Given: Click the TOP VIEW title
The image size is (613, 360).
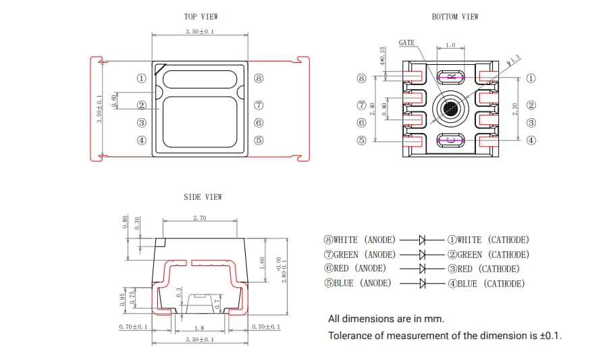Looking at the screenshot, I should (201, 17).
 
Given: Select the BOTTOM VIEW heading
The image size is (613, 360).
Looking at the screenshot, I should (455, 17).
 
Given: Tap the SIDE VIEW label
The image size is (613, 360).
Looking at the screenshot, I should (203, 197).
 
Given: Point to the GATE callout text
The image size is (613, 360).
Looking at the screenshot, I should (406, 43).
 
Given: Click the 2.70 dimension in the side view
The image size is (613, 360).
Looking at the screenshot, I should (200, 218).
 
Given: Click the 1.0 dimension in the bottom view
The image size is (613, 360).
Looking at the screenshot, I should (450, 46).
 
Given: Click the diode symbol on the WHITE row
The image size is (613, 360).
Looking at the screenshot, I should (423, 240).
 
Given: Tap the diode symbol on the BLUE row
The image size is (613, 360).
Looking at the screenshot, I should (423, 284).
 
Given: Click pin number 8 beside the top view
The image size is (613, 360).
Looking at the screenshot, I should (259, 78).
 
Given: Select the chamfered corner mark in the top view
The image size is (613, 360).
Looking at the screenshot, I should (159, 69).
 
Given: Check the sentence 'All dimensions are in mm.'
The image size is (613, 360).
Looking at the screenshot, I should (386, 319).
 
